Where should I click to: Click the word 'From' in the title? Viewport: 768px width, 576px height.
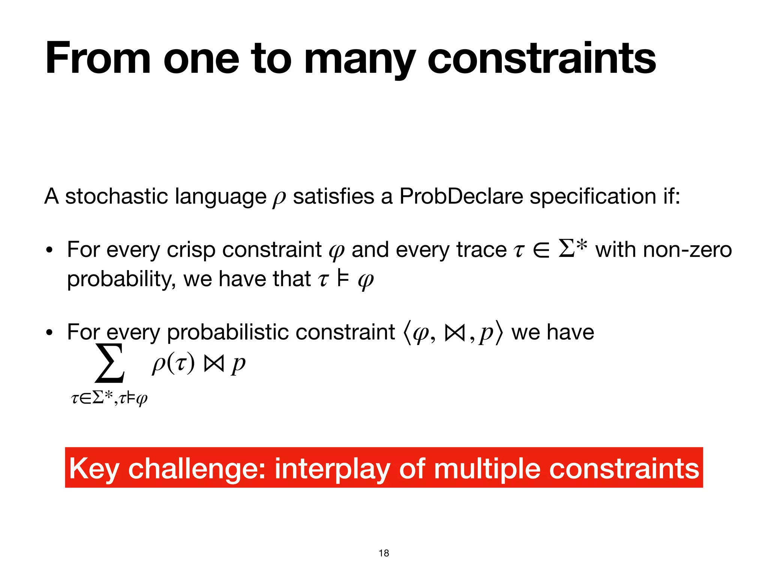pos(98,59)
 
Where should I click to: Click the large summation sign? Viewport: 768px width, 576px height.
pos(109,363)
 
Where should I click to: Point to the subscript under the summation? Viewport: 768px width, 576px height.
pos(109,398)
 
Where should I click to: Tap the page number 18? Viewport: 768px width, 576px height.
pos(384,553)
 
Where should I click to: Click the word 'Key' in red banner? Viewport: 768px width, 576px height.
pos(94,469)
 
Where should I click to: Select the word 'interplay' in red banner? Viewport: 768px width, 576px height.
pos(332,469)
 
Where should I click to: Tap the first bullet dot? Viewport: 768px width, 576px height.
pos(48,250)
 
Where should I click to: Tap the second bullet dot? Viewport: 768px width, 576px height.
pos(48,333)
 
